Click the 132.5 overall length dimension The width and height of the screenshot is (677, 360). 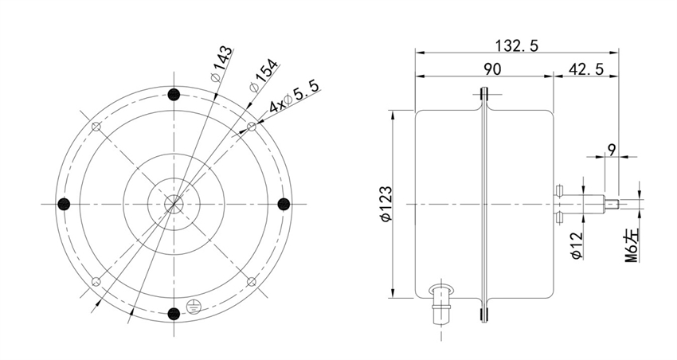(514, 46)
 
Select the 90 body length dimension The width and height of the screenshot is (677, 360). (492, 69)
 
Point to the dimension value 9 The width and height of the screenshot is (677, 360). (611, 148)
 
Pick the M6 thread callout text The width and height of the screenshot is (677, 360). (631, 244)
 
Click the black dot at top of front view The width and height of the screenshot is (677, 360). (174, 95)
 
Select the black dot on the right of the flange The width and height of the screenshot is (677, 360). (282, 204)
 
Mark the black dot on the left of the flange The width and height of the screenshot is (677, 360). (66, 204)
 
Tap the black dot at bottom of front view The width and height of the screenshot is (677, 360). (174, 312)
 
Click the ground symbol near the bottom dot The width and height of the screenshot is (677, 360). (191, 304)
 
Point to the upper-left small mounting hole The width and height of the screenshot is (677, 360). (97, 127)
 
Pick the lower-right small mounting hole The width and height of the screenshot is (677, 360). (251, 281)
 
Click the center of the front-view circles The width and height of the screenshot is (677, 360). (174, 204)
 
